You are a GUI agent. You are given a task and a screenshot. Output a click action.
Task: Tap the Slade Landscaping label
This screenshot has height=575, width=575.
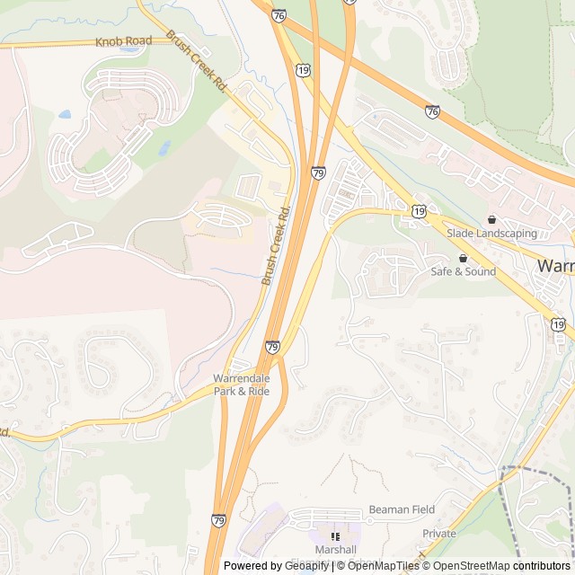(x=491, y=234)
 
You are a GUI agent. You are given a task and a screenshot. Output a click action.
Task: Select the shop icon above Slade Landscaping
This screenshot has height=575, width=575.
(x=491, y=220)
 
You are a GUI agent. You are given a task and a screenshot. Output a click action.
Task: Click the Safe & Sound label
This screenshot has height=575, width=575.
(x=463, y=271)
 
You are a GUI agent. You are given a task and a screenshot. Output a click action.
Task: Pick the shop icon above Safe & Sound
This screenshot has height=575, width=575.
(x=463, y=258)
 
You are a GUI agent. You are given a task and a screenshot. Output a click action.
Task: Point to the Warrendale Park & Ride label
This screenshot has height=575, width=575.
(x=241, y=385)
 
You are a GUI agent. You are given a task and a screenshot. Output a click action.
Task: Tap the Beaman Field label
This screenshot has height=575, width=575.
(x=402, y=509)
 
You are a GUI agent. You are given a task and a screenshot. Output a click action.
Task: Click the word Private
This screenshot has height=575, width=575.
(x=439, y=534)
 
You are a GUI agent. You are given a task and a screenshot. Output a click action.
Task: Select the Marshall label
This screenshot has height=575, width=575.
(x=335, y=550)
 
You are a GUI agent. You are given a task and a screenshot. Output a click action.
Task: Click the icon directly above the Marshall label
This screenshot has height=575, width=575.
(x=335, y=536)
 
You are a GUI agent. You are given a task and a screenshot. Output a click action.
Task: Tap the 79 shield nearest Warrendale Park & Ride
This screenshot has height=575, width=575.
(x=272, y=347)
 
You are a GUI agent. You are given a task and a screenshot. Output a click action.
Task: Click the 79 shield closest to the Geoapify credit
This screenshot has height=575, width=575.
(x=218, y=520)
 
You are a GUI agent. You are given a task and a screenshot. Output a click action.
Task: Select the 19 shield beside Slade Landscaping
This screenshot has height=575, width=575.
(x=420, y=210)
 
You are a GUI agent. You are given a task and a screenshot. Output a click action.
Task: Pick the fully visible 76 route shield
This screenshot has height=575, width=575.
(x=433, y=111)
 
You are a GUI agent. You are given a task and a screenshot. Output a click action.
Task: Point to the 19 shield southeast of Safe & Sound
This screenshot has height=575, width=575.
(x=559, y=324)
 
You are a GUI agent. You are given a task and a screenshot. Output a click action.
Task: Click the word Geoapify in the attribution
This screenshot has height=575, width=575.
(x=306, y=566)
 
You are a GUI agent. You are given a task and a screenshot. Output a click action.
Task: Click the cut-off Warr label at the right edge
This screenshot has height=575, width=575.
(x=555, y=266)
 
